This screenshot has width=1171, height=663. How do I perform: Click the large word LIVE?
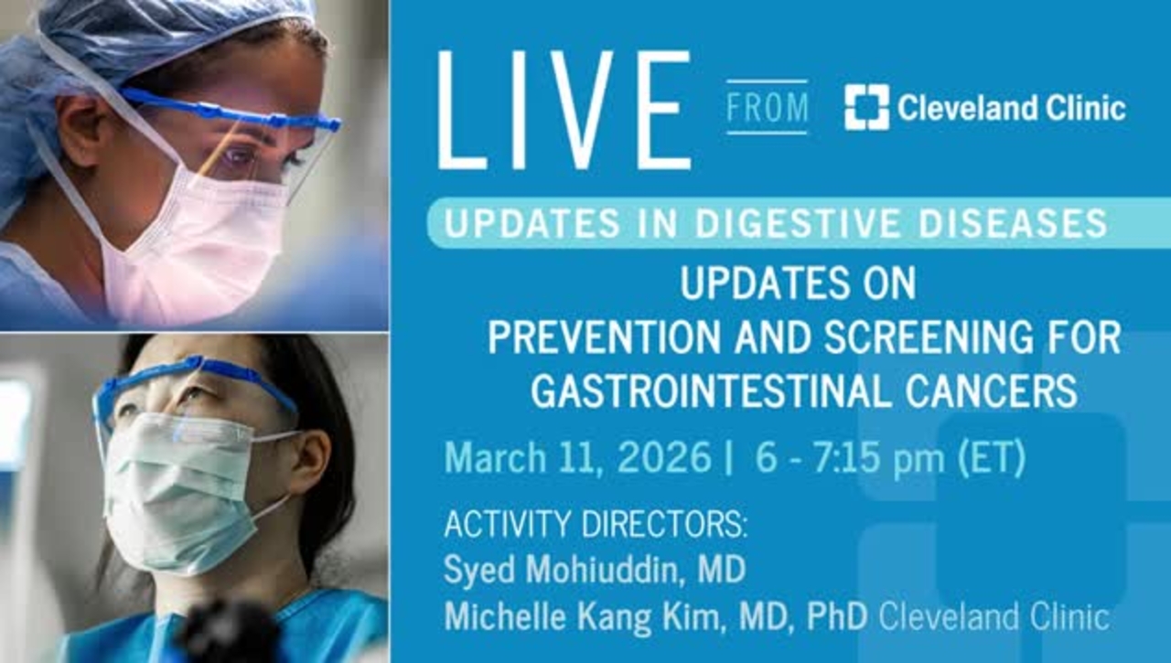(564, 111)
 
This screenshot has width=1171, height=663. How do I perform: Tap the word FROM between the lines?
(768, 108)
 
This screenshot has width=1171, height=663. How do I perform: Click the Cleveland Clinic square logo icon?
(866, 108)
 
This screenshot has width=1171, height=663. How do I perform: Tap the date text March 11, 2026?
(577, 458)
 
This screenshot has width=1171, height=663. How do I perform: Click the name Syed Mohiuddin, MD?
(595, 570)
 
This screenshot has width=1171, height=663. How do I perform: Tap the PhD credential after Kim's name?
(838, 616)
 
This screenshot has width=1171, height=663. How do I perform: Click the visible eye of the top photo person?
(241, 157)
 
